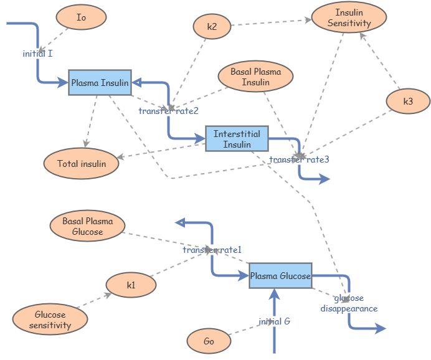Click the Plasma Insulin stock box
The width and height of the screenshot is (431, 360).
pos(100,83)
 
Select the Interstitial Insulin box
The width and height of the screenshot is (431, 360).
pos(237,139)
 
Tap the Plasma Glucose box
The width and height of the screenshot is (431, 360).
pos(280,276)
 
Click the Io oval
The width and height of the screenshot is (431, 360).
pos(81,18)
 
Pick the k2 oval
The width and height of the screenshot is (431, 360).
pos(212,26)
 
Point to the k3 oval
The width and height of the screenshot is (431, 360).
pos(408,102)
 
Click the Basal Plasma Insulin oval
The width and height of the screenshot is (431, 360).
pos(255,77)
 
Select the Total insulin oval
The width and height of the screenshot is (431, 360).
pos(82,164)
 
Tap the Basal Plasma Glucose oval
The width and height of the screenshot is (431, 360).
pos(87,227)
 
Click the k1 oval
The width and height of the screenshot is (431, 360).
pos(131,285)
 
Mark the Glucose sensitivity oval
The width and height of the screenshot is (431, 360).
pos(49,320)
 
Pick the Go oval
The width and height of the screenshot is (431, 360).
pos(209,341)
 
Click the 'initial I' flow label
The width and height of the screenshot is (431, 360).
pos(37,54)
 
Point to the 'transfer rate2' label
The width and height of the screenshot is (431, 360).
pos(168,111)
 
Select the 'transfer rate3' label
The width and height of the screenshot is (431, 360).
pos(299,159)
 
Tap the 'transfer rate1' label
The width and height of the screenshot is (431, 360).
pos(212,250)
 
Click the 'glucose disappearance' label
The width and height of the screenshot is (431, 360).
pos(349,303)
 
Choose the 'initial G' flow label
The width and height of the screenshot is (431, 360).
pos(274,322)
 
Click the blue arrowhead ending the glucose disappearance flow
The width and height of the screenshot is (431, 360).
pos(381,328)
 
